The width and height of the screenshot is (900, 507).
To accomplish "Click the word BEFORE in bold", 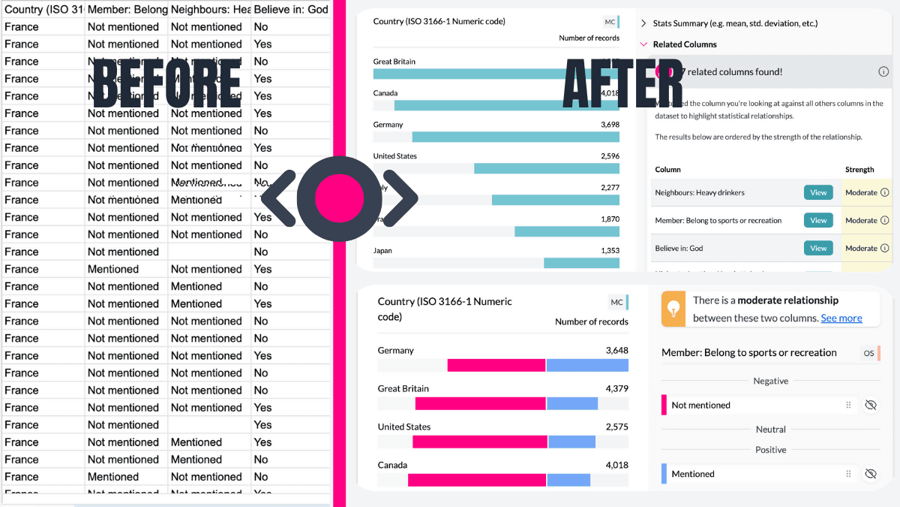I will [166, 81].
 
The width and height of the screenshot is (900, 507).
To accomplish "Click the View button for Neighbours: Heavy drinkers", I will [818, 192].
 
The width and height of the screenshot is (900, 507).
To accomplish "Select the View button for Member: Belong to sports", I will [818, 220].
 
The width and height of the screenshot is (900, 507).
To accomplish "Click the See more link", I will [841, 318].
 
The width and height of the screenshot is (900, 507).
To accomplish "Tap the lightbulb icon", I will [673, 309].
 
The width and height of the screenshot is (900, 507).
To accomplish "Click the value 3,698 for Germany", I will [610, 125].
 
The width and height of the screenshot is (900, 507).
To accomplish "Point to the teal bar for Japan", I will [581, 263].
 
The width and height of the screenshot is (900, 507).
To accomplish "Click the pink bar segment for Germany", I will [496, 365].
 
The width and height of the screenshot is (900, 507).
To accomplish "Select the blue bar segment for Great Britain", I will [571, 403].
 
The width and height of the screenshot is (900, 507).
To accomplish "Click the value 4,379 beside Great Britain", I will [616, 388].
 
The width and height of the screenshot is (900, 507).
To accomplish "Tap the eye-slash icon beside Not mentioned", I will [870, 405].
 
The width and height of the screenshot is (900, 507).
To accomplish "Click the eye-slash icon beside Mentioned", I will [870, 474].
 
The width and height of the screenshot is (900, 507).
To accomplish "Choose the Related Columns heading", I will [684, 44].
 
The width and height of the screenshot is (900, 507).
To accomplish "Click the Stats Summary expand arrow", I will [643, 23].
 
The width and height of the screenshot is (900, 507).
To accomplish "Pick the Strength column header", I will [859, 170].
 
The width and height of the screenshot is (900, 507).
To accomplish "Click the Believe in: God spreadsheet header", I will [291, 9].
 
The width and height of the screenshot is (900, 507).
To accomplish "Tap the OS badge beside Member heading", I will [868, 353].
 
